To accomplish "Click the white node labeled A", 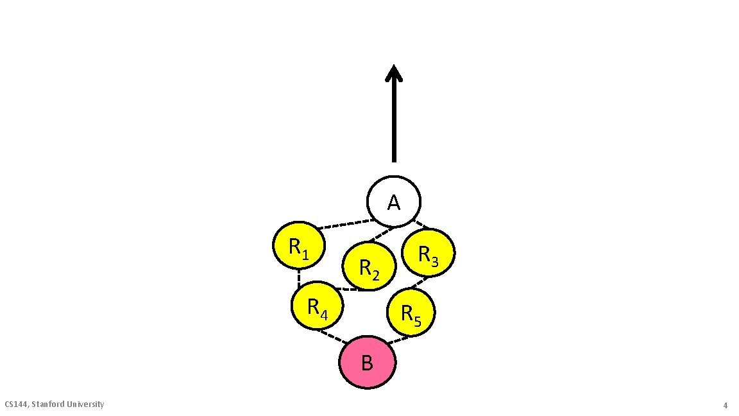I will pyautogui.click(x=394, y=202).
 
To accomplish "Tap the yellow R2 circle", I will pyautogui.click(x=368, y=266).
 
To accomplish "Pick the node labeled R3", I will pyautogui.click(x=429, y=252).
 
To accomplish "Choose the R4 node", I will pyautogui.click(x=317, y=306).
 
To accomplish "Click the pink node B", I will pyautogui.click(x=367, y=363).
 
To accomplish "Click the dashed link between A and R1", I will pyautogui.click(x=346, y=224).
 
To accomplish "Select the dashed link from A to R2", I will pyautogui.click(x=382, y=234).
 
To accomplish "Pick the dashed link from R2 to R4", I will pyautogui.click(x=350, y=289).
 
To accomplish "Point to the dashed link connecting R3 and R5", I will pyautogui.click(x=419, y=282).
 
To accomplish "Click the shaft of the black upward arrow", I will pyautogui.click(x=394, y=122).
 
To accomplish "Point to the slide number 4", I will pyautogui.click(x=725, y=406).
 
